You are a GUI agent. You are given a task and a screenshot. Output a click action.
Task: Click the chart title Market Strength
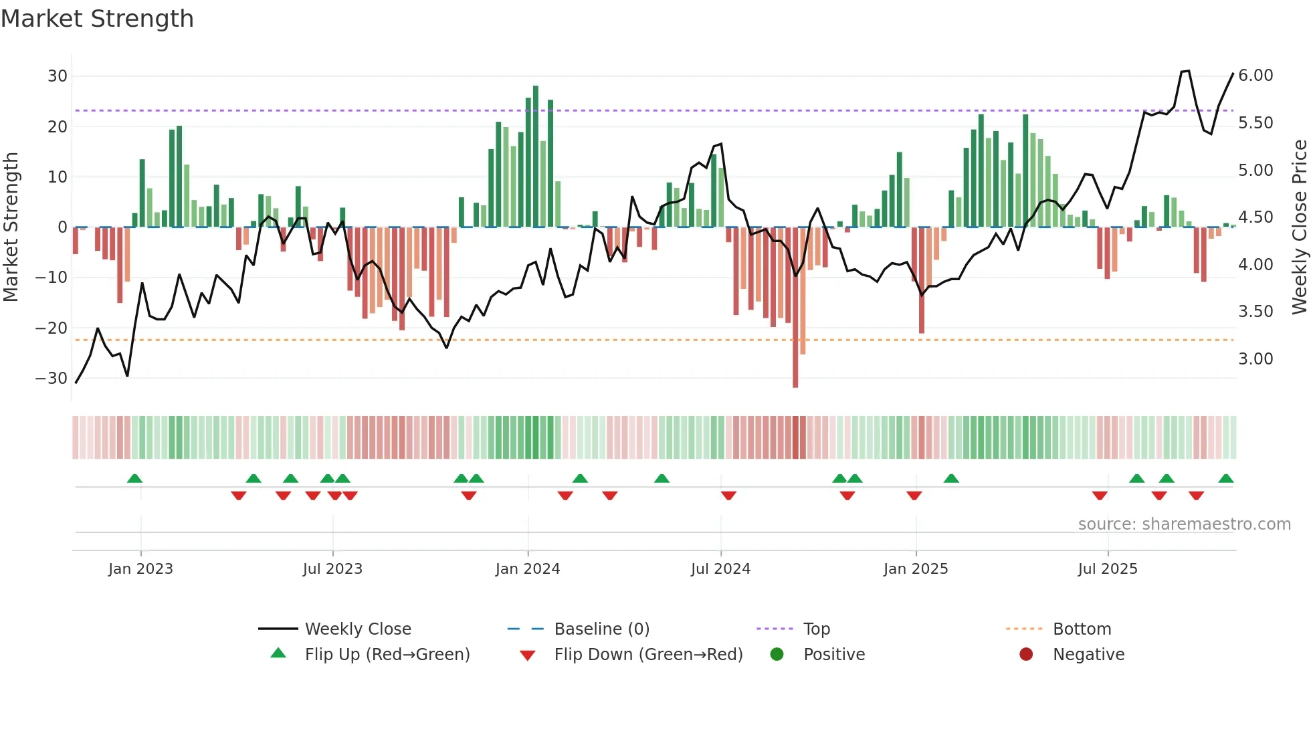tap(98, 19)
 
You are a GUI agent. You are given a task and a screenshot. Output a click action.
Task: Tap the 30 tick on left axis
tap(58, 76)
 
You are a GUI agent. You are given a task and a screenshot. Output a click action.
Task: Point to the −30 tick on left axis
tap(52, 379)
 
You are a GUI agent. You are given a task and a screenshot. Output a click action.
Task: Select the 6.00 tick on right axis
tap(1255, 76)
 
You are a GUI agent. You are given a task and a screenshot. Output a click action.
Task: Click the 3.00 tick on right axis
tap(1255, 359)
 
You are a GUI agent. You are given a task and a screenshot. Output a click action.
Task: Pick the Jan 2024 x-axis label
tap(528, 569)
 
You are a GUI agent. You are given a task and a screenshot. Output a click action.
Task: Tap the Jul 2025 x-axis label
tap(1108, 569)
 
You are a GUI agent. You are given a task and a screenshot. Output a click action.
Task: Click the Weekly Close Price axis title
tap(1299, 227)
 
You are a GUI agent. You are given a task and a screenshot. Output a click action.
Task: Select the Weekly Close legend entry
tap(357, 629)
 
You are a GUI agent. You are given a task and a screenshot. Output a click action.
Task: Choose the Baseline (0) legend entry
tap(601, 629)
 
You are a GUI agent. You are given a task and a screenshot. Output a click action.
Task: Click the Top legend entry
tap(816, 629)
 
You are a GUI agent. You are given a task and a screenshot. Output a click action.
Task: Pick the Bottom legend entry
tap(1082, 629)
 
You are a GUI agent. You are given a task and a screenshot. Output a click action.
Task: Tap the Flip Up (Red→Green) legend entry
tap(387, 655)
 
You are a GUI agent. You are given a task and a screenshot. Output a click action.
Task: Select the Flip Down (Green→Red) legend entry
tap(648, 655)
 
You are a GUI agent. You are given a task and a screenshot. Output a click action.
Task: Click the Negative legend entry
tap(1088, 655)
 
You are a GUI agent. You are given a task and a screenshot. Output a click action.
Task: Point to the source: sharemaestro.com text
tap(1184, 524)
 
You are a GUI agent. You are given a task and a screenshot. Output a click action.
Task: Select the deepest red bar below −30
tap(795, 308)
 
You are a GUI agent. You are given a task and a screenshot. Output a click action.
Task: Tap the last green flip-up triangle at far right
tap(1226, 479)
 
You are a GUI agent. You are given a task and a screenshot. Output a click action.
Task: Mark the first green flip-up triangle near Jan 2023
tap(134, 479)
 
